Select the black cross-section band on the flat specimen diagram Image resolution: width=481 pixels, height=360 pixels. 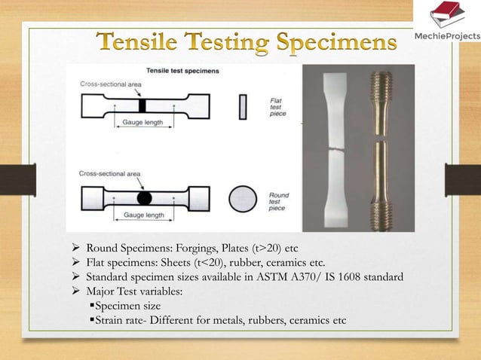(142, 106)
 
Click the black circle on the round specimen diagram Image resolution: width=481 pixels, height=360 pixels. (144, 198)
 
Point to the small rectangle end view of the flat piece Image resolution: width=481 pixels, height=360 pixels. (242, 106)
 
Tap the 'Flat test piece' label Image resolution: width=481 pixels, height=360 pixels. (277, 106)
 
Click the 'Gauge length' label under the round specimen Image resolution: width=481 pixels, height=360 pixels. (144, 215)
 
